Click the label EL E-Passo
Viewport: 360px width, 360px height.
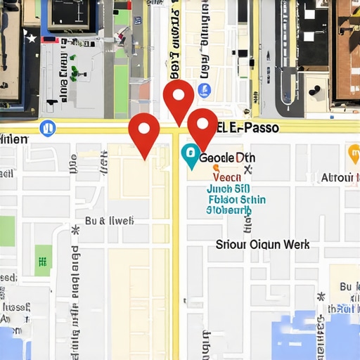(248, 128)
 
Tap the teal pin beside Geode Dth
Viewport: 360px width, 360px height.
(190, 155)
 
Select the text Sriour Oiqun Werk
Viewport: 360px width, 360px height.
(262, 245)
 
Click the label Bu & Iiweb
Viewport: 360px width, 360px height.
(109, 221)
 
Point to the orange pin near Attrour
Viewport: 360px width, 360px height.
(353, 152)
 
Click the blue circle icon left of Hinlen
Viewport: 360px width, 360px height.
(48, 129)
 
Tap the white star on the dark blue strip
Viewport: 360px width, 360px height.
(31, 39)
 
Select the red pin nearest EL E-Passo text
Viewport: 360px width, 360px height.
(203, 127)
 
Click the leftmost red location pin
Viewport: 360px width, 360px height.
(145, 131)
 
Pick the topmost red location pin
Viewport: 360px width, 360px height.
(179, 98)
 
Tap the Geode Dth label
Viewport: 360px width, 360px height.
(226, 157)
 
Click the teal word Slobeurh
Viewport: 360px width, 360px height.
(229, 210)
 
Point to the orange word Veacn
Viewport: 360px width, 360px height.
(226, 178)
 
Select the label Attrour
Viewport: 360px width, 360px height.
(336, 178)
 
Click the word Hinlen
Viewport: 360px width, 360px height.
(14, 139)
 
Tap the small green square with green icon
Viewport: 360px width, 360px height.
(43, 260)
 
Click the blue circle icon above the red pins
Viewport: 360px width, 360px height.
(205, 90)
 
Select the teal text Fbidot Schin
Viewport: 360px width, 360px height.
(237, 200)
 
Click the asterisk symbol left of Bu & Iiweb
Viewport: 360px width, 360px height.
(75, 229)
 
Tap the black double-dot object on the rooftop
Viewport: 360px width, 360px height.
(314, 90)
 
